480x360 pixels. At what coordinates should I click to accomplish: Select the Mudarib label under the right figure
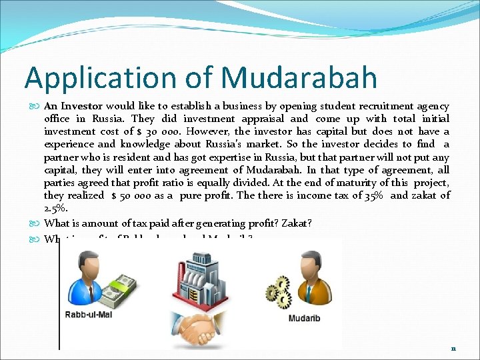(303, 318)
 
